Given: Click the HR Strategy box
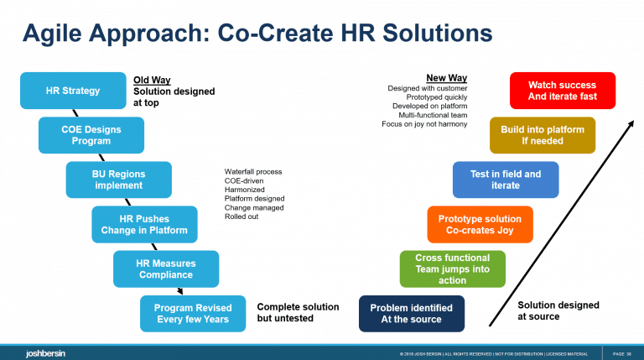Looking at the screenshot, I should tap(73, 91).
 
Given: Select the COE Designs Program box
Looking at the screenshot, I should tap(91, 135).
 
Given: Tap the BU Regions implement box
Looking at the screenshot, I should tap(118, 180).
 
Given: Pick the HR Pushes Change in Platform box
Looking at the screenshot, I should tap(144, 224).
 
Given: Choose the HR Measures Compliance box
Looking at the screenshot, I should tap(166, 269).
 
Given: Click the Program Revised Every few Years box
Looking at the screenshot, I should tap(193, 313).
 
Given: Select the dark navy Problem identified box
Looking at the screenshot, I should tap(412, 313).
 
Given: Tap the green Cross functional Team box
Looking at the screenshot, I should tap(453, 269).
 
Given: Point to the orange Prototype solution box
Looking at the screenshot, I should tap(480, 224).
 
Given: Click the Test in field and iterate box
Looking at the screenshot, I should tap(506, 180).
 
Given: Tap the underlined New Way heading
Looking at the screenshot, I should tap(441, 78).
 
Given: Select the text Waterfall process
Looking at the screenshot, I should tap(253, 172).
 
